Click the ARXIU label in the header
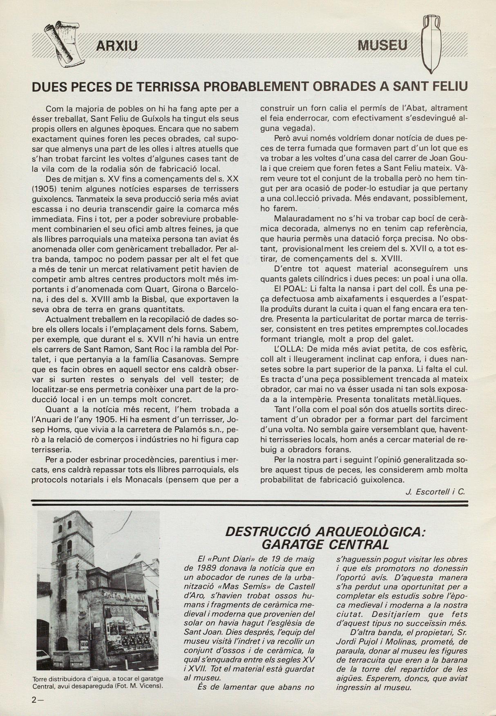point(116,45)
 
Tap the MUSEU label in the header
point(382,45)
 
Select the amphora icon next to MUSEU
point(431,43)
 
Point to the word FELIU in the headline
point(448,87)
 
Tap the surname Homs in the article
point(58,430)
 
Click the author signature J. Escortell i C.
point(435,492)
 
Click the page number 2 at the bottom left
point(35,700)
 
